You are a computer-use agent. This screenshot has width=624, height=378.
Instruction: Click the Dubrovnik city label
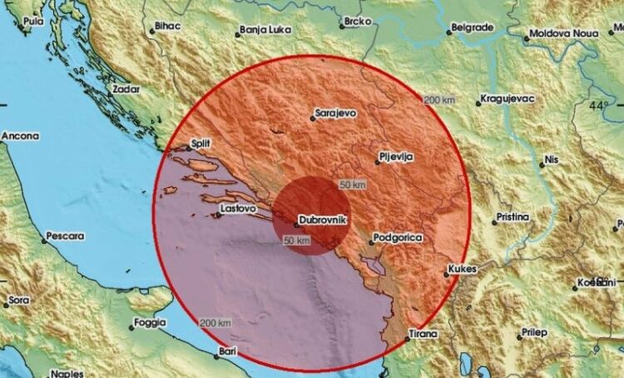[323, 219]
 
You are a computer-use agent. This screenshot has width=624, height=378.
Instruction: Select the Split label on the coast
[201, 143]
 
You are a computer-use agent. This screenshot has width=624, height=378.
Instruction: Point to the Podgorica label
[396, 238]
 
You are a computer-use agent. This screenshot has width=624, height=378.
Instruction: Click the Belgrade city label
[473, 27]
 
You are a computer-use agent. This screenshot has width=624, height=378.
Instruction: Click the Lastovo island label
[235, 208]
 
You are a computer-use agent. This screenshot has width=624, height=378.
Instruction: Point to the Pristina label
[513, 217]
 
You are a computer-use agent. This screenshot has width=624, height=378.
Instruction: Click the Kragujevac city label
[508, 100]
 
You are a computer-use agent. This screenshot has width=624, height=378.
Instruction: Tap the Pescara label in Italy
[65, 236]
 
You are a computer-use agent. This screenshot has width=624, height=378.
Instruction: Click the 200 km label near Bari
[215, 322]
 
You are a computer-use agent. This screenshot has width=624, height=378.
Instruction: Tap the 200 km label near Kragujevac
[438, 100]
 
